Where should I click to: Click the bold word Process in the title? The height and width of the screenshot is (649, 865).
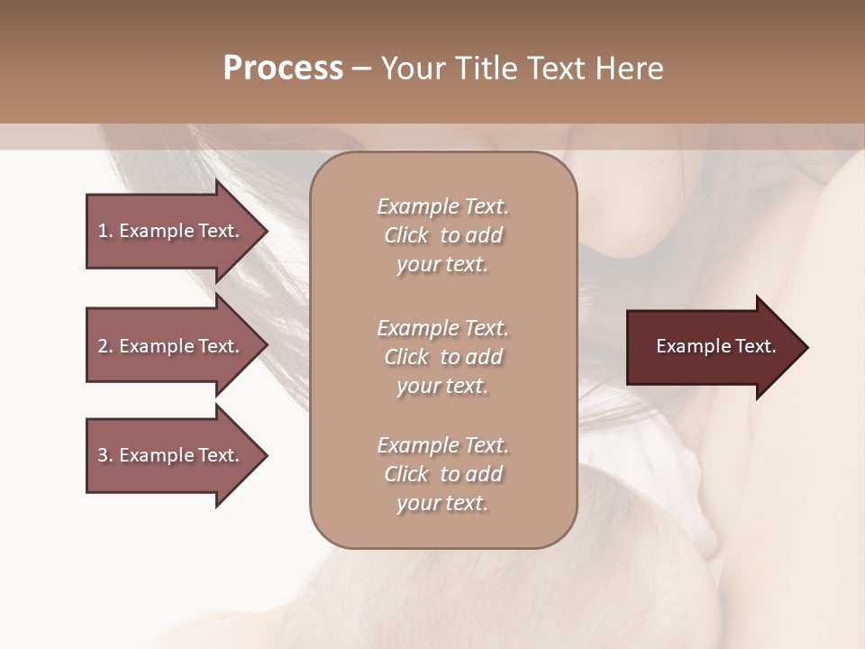283,69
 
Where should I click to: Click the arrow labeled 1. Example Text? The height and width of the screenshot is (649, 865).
171,231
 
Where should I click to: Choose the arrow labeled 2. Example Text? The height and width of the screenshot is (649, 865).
171,346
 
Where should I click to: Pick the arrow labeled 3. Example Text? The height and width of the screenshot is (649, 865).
171,455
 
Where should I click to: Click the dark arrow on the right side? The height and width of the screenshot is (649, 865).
712,347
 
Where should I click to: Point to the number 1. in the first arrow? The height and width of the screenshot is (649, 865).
105,231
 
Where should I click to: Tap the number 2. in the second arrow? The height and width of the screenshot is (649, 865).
105,346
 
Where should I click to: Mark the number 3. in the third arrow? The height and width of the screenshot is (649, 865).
105,455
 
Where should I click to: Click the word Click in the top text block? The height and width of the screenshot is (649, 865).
406,236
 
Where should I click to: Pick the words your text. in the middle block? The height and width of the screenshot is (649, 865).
442,386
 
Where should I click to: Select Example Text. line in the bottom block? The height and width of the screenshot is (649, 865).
442,445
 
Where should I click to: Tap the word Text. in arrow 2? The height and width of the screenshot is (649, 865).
219,346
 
